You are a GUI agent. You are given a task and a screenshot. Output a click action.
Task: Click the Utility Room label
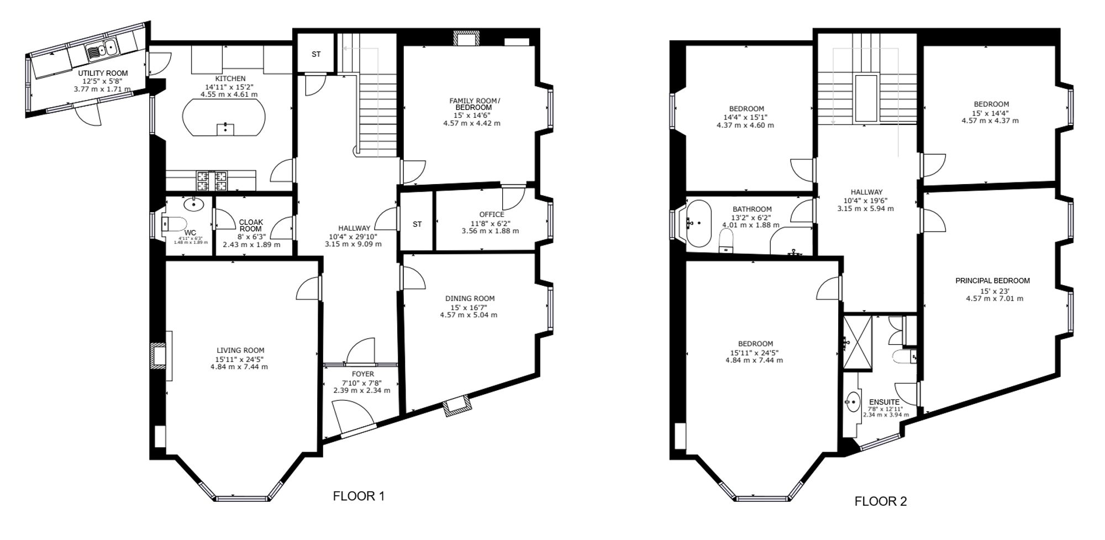[x=103, y=73]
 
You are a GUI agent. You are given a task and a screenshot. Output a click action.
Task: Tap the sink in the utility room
[x=102, y=49]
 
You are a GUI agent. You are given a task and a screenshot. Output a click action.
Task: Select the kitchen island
[x=224, y=117]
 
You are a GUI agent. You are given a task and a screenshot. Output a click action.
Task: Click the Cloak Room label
[x=251, y=226]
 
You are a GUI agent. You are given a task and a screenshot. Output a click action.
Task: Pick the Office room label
[x=492, y=214]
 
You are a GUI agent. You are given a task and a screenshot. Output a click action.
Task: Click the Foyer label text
[x=362, y=374]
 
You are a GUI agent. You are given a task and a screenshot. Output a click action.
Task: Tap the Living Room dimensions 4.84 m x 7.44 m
[x=239, y=366]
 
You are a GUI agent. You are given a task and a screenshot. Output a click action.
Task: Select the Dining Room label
[x=470, y=298]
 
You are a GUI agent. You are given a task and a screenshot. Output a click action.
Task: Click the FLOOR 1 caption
[x=359, y=496]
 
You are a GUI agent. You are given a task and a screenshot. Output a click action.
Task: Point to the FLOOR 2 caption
[x=881, y=501]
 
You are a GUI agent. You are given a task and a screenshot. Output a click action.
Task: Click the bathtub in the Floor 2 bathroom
[x=700, y=223]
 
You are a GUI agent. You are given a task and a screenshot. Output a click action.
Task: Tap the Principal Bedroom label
[x=993, y=281]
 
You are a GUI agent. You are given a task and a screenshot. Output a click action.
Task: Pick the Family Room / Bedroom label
[x=475, y=104]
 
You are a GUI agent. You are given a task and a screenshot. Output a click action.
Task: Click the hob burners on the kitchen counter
[x=212, y=178]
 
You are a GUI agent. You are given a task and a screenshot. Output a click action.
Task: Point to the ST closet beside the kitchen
[x=316, y=54]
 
